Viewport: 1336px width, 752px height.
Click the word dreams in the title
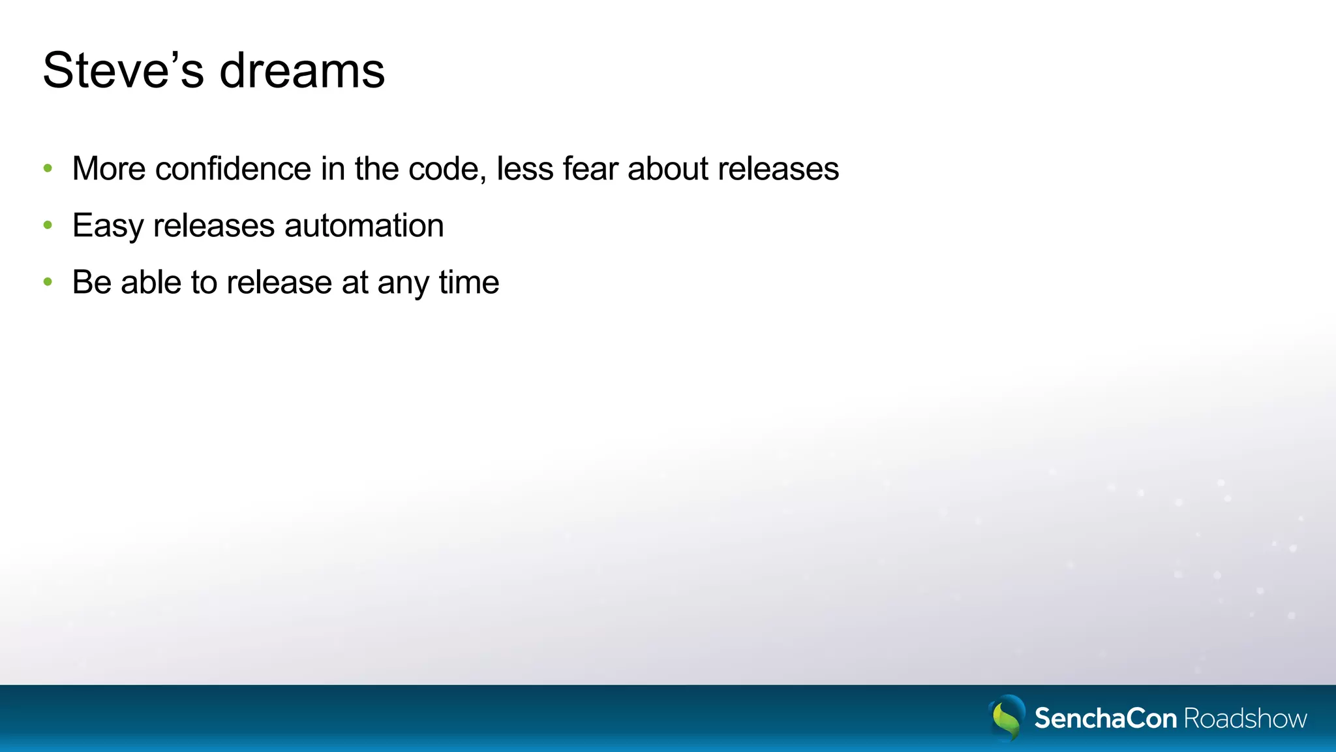302,70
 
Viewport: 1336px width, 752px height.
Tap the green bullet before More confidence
48,168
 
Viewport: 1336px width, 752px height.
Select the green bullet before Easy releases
48,225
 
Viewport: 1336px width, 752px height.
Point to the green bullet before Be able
48,282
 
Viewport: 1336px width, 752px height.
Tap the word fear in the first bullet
590,168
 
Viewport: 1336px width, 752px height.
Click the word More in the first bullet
109,168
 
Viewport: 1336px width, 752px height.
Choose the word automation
364,226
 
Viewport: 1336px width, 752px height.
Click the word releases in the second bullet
214,226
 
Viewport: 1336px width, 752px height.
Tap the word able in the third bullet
151,282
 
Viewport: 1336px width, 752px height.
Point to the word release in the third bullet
279,282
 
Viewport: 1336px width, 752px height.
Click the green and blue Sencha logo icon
1007,718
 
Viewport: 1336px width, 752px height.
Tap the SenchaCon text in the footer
1106,718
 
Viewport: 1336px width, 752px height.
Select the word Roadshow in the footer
1245,718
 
